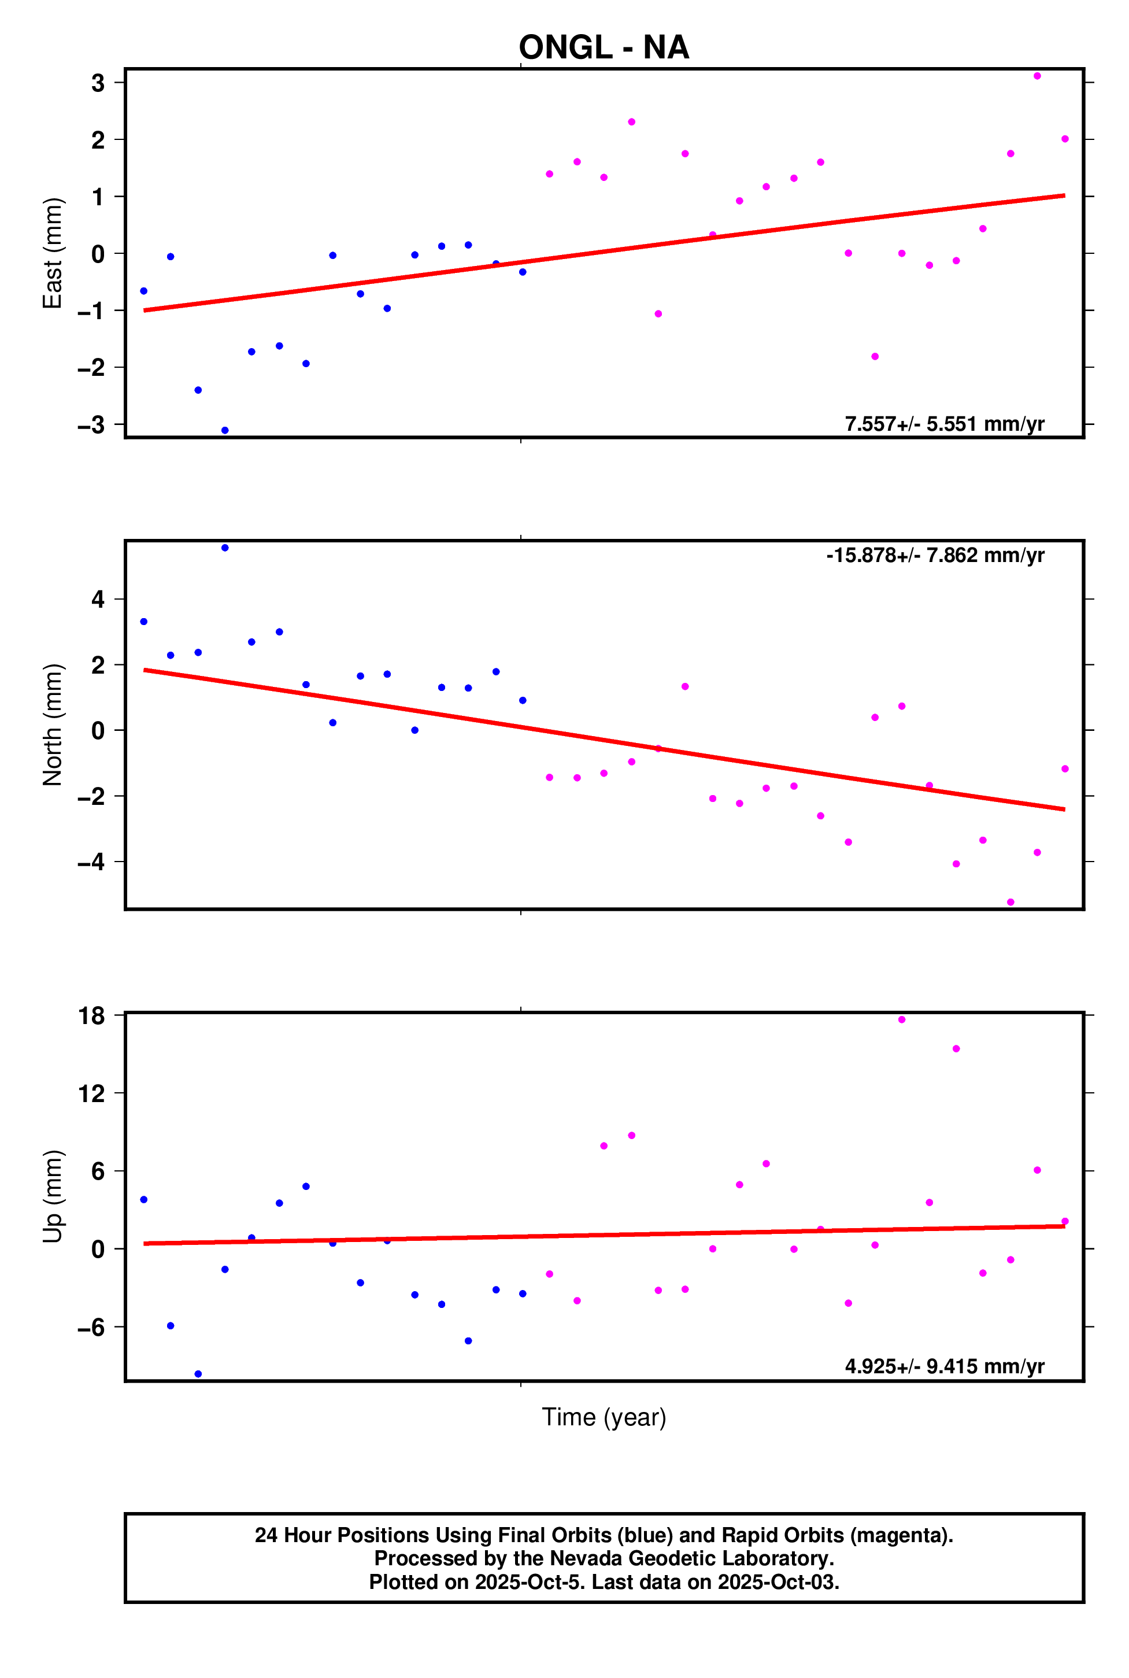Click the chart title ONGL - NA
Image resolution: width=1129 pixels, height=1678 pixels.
point(604,47)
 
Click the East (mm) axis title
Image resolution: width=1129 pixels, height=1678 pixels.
point(53,253)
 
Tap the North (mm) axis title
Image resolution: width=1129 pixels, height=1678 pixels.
point(53,725)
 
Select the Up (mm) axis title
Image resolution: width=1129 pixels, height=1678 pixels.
point(53,1196)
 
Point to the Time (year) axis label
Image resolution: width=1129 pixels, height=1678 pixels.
point(604,1417)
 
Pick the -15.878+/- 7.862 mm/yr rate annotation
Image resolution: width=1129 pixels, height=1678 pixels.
point(935,555)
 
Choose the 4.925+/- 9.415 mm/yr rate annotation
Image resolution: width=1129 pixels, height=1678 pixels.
point(944,1366)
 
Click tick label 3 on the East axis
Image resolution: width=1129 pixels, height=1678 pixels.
point(98,83)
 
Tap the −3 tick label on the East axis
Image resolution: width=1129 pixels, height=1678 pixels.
point(91,425)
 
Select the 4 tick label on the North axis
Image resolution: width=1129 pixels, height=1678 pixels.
point(98,599)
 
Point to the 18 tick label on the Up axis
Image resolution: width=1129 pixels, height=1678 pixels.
point(91,1016)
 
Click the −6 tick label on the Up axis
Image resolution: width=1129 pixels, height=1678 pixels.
point(91,1327)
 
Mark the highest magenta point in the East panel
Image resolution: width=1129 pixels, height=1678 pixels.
point(1037,76)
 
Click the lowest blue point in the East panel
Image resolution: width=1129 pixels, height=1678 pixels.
point(225,431)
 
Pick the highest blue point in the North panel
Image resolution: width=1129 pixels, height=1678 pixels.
point(225,548)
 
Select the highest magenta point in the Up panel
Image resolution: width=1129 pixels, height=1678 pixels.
point(901,1020)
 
